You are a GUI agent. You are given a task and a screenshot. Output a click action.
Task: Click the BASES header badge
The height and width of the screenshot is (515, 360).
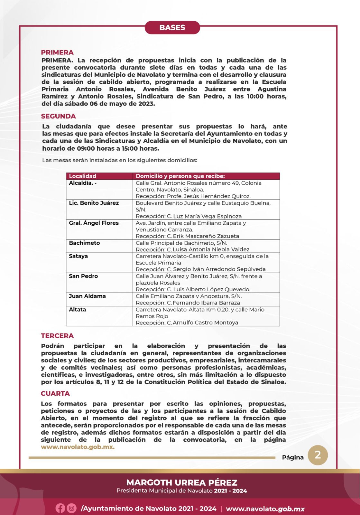(172, 28)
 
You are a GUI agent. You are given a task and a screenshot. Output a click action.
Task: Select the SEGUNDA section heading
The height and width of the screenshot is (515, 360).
(58, 116)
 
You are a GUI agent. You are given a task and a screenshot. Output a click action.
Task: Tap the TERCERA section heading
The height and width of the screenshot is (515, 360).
(57, 336)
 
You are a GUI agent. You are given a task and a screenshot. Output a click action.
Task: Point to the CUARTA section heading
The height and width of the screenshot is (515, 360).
(55, 393)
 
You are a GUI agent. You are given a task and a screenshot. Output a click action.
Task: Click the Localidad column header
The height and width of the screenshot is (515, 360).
(83, 176)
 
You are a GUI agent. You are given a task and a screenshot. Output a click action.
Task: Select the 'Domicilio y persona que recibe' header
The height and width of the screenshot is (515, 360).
(180, 176)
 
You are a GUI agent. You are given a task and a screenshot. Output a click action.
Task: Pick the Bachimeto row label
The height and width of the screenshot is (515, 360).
(84, 243)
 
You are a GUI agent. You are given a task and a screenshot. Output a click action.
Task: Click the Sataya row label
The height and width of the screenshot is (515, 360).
(78, 256)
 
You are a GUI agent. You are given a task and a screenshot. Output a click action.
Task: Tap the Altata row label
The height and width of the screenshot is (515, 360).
(77, 310)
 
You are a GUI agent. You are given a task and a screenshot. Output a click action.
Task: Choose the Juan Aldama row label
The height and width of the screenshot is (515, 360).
(87, 296)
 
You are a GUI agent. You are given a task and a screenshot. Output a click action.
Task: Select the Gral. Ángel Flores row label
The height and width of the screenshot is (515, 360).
(94, 223)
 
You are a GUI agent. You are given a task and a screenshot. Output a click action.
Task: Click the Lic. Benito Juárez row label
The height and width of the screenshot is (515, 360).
(94, 203)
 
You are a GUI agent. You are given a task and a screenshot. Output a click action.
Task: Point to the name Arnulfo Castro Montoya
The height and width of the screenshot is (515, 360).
(205, 323)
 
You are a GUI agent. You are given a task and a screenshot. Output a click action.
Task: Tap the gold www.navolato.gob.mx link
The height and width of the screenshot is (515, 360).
(78, 447)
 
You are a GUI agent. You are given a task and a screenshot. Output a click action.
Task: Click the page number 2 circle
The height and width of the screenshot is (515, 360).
(318, 455)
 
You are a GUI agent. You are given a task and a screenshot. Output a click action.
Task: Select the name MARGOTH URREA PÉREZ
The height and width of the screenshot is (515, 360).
(182, 482)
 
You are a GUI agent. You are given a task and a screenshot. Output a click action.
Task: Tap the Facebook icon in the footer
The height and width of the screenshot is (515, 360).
(60, 508)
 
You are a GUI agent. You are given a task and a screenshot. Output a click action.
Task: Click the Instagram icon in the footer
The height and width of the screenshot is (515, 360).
(71, 508)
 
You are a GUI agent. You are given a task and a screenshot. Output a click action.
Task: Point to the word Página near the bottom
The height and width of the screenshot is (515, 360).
(293, 457)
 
